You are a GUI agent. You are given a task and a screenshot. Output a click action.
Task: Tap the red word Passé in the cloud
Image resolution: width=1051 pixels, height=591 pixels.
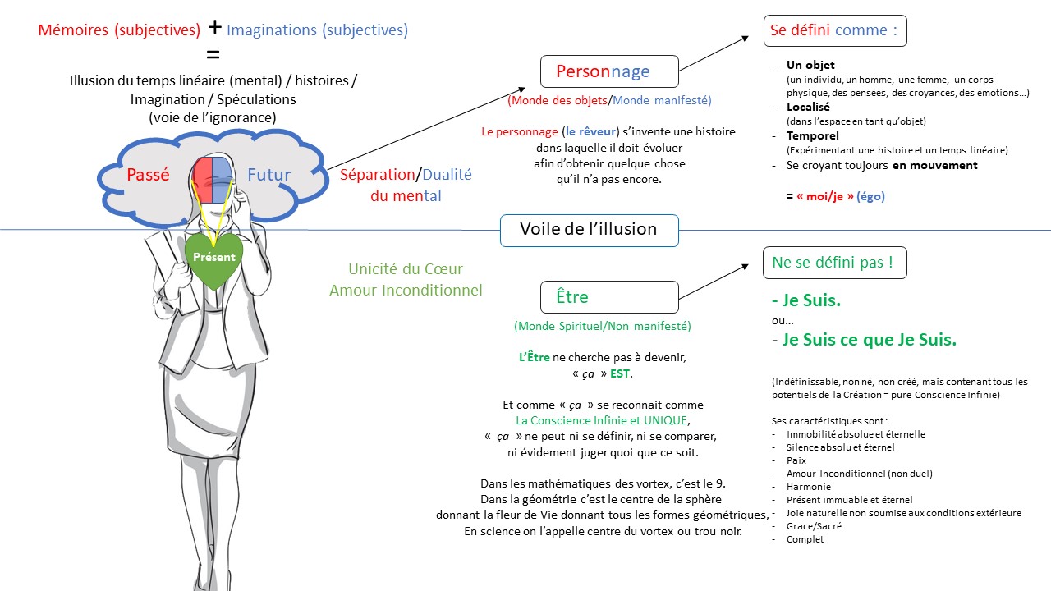point(148,175)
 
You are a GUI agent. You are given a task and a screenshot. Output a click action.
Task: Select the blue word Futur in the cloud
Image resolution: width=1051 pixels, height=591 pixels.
point(268,175)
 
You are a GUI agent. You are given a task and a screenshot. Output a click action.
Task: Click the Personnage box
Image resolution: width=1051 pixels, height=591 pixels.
point(608,71)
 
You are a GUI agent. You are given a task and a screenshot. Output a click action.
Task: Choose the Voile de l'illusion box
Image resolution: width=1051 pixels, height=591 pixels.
point(589,230)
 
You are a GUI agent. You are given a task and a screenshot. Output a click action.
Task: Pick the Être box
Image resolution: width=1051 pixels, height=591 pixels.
point(608,297)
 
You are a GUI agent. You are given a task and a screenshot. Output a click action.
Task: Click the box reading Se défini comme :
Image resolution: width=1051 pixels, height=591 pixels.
point(834,30)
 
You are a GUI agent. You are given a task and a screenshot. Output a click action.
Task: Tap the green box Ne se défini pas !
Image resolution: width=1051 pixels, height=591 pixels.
point(834,263)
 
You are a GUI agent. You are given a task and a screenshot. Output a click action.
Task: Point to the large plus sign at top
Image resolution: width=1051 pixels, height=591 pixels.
point(214,26)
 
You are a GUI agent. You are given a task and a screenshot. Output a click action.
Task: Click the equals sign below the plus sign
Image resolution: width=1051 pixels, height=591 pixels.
point(213,55)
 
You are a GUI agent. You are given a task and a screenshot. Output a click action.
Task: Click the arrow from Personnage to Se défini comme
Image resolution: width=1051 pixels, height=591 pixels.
point(714,54)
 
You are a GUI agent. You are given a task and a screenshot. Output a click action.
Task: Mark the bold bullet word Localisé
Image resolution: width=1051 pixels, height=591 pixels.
point(808,107)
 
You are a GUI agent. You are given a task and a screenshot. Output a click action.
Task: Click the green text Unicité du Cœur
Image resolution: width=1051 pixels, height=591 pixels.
point(406,269)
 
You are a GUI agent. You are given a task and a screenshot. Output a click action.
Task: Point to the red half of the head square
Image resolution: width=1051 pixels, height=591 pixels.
point(204,180)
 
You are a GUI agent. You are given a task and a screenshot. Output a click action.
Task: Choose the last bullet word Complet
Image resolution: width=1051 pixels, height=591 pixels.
point(805,539)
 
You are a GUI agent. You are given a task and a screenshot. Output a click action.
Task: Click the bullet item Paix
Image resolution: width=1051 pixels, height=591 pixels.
point(796,460)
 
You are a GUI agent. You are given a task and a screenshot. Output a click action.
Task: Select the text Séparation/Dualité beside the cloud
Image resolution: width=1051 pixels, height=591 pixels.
point(406,175)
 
